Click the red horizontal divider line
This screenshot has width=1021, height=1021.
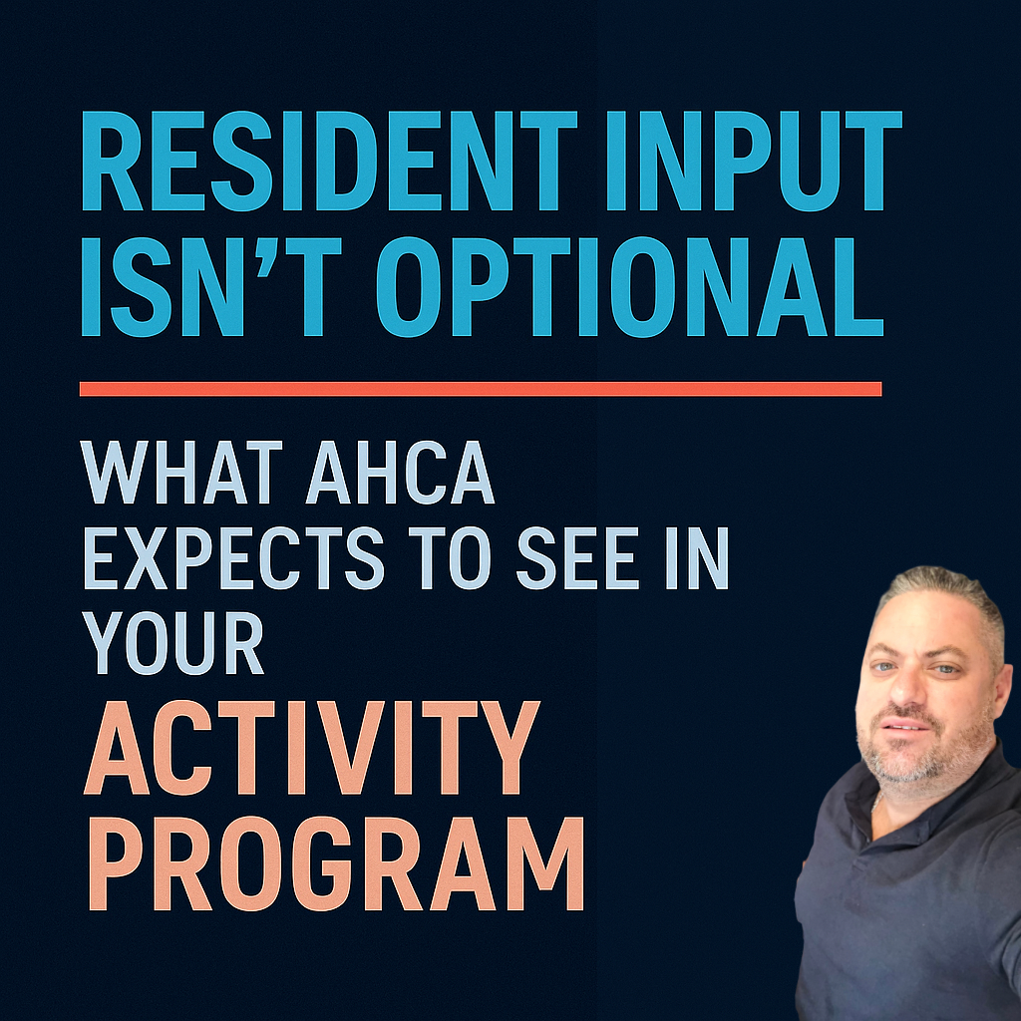coord(480,389)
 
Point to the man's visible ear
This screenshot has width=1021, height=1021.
coord(1000,688)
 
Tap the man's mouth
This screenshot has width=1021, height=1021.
coord(902,726)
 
